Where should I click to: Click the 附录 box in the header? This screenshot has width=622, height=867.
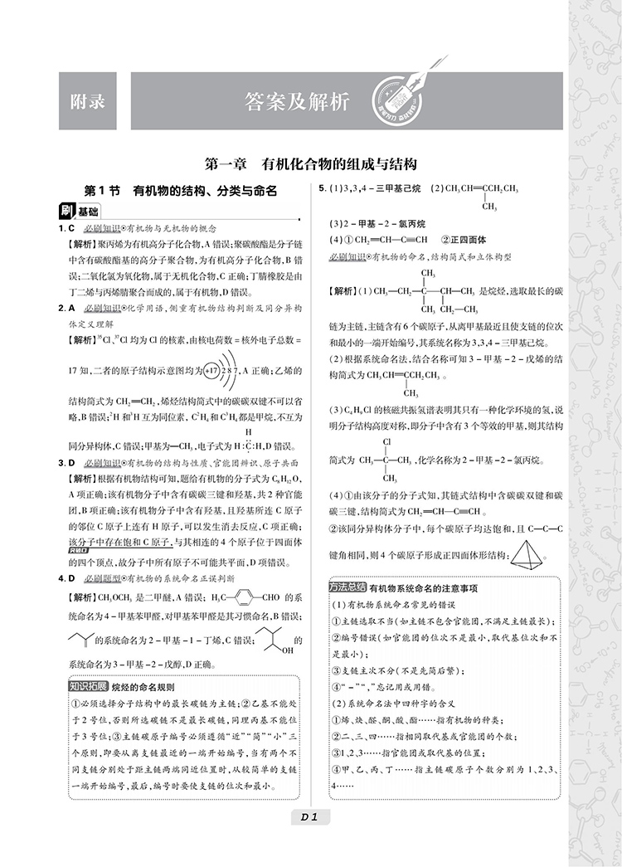[x=88, y=101]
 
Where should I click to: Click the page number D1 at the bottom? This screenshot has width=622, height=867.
[x=310, y=817]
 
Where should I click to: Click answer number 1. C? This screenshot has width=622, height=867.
[x=67, y=228]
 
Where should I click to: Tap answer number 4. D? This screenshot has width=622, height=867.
[x=67, y=577]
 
